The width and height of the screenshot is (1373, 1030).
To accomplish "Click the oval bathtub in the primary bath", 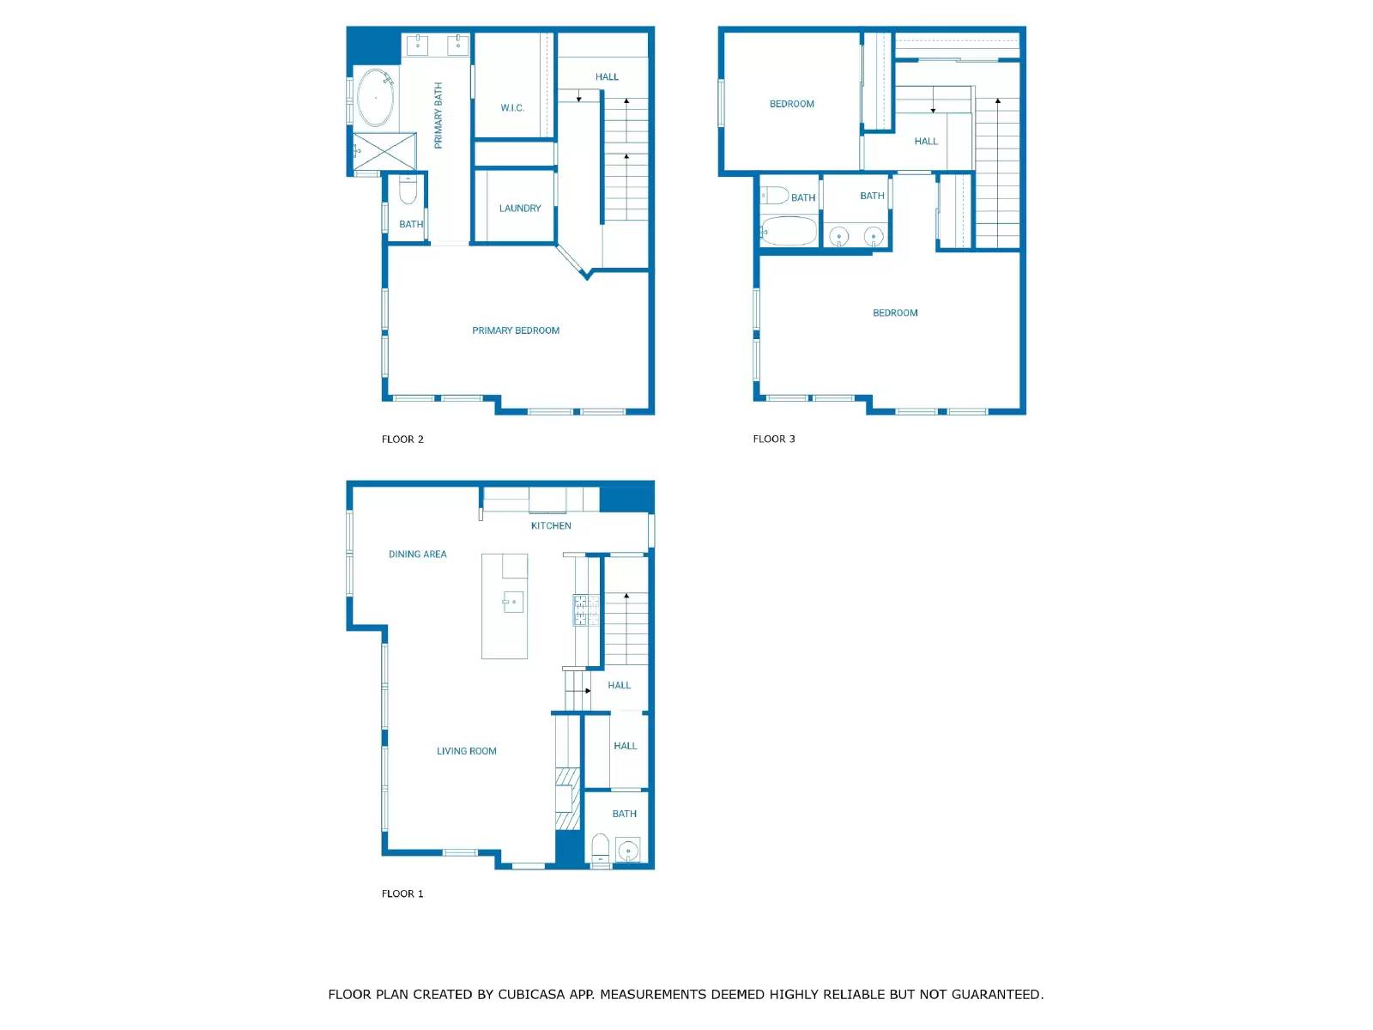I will coord(375,98).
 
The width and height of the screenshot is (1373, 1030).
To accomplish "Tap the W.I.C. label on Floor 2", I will coord(512,108).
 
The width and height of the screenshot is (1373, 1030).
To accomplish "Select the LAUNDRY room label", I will coord(520,209).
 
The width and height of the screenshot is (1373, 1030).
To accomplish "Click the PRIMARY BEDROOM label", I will coord(516,330).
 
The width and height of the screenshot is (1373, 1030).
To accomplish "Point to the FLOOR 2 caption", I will coord(402,439).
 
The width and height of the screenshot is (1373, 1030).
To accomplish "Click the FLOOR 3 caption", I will coord(774,439).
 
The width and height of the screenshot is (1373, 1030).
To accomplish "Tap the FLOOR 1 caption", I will coord(402,894).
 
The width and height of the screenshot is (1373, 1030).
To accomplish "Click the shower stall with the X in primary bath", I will coord(385,152).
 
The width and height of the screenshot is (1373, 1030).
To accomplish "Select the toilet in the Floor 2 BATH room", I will coord(408,191).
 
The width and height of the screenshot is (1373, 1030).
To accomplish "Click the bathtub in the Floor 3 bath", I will coord(789,231).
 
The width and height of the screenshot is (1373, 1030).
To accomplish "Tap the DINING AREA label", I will coord(418,554).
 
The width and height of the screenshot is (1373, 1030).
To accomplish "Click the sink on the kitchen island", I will coord(513,602).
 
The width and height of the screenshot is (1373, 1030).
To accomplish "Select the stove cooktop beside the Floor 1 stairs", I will coord(586,610).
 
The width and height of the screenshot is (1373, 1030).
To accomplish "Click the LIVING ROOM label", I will coord(467,751).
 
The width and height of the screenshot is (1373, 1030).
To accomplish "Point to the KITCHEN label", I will coord(551,526).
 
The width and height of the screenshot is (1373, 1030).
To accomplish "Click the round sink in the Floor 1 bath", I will coord(628,851).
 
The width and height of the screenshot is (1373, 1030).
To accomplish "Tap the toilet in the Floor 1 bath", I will coord(601,848).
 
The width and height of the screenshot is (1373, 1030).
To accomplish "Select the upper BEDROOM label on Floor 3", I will coord(792,105).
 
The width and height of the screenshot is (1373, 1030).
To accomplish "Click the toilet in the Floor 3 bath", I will coord(774,196).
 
